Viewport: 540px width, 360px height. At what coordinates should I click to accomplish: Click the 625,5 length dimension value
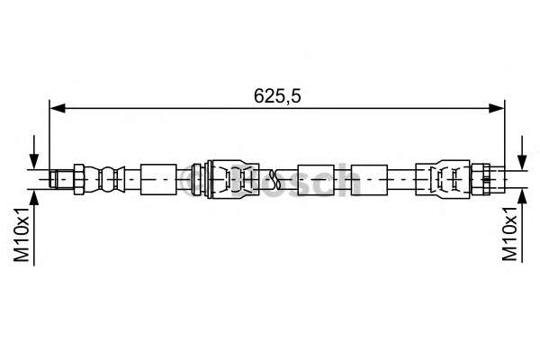click(275, 94)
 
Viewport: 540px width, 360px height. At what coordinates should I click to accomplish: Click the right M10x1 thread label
click(510, 236)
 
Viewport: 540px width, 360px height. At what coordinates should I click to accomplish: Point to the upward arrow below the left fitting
click(34, 197)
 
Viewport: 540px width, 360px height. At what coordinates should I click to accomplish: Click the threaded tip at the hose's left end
click(60, 178)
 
